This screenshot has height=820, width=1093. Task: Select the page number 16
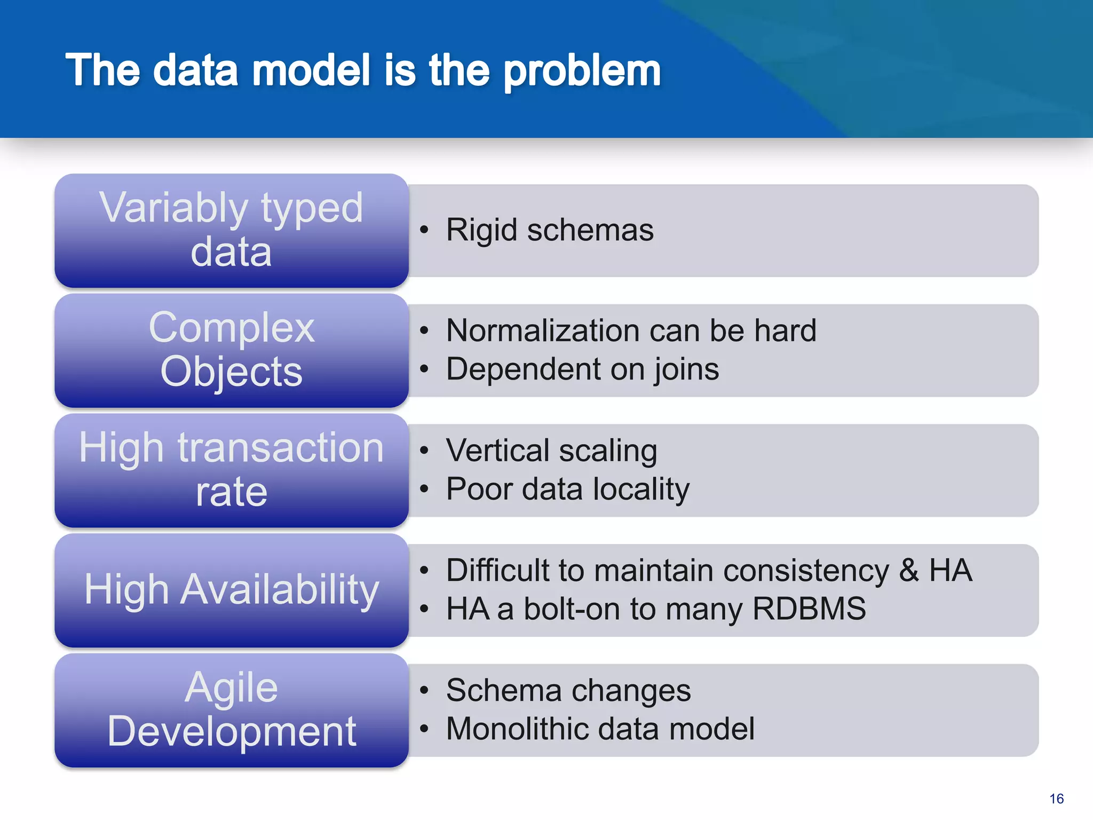pyautogui.click(x=1056, y=799)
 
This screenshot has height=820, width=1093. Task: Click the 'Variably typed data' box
pyautogui.click(x=232, y=230)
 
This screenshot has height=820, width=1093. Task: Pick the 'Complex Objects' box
pyautogui.click(x=232, y=350)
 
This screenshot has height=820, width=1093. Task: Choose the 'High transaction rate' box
pyautogui.click(x=232, y=470)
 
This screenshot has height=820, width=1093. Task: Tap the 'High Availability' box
pyautogui.click(x=232, y=590)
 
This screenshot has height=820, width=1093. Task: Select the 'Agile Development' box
pyautogui.click(x=232, y=710)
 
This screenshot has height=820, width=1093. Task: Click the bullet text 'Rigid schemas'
pyautogui.click(x=550, y=230)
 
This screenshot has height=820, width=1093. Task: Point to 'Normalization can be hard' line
pyautogui.click(x=631, y=330)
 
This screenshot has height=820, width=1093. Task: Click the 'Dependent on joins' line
pyautogui.click(x=582, y=369)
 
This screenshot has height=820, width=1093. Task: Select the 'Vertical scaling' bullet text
pyautogui.click(x=551, y=451)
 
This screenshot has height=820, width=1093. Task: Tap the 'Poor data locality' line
pyautogui.click(x=568, y=489)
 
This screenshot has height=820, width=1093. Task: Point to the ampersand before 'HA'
pyautogui.click(x=909, y=570)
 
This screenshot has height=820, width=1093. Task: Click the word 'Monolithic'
pyautogui.click(x=511, y=729)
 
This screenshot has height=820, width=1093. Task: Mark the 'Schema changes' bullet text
pyautogui.click(x=568, y=690)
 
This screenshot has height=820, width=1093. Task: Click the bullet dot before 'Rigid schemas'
pyautogui.click(x=424, y=230)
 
